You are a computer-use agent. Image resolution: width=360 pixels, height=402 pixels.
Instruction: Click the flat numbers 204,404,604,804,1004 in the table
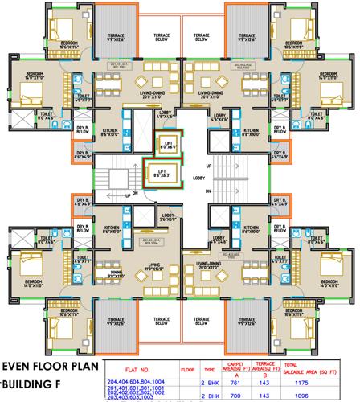pos(135,382)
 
